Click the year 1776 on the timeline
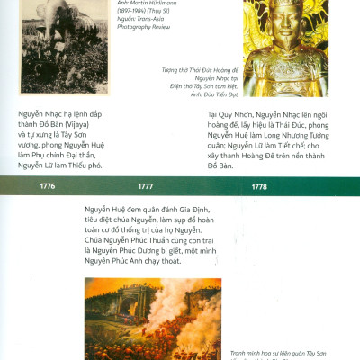[x=47, y=186]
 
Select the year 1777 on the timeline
[x=145, y=186]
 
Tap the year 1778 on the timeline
[x=258, y=186]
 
